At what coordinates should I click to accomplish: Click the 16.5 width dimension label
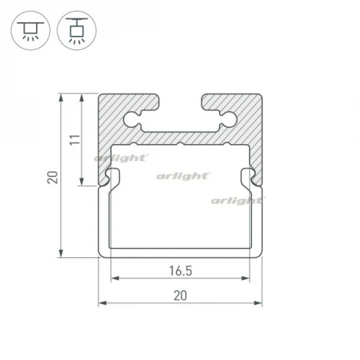(x=181, y=271)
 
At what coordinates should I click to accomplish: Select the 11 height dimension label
(x=75, y=139)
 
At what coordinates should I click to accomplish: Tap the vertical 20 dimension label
(x=53, y=177)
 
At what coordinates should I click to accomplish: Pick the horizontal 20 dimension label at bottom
(x=180, y=296)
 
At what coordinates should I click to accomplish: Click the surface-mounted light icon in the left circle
(x=31, y=31)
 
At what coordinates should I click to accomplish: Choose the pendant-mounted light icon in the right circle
(x=77, y=31)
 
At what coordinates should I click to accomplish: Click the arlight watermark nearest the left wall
(x=121, y=158)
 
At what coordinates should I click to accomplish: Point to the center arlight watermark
(x=183, y=176)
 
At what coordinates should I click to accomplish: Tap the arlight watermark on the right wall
(x=237, y=201)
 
